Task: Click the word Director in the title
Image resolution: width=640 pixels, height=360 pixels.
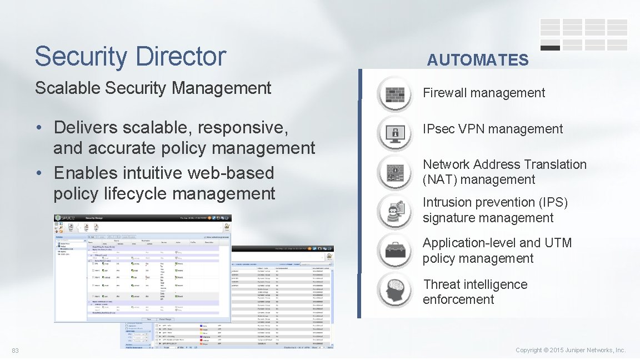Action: click(x=181, y=57)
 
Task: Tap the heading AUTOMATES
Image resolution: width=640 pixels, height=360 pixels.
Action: click(x=477, y=60)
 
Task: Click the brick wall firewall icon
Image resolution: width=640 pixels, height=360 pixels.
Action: click(x=395, y=93)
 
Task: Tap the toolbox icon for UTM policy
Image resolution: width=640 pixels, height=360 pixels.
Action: click(x=395, y=251)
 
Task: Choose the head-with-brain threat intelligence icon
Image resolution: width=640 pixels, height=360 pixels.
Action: click(x=395, y=289)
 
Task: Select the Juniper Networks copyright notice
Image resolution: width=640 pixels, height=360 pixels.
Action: click(x=571, y=351)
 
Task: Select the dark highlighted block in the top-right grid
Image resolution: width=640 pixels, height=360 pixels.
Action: click(x=550, y=48)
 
